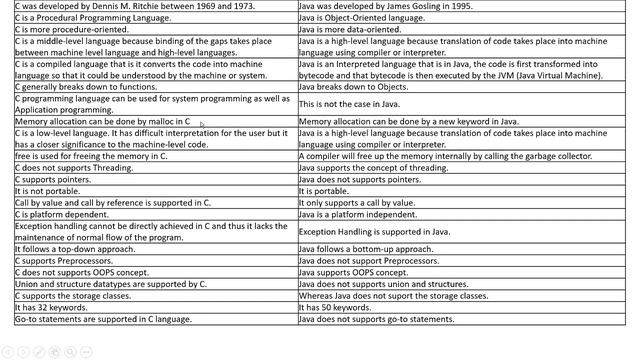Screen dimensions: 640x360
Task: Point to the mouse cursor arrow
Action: coord(201,125)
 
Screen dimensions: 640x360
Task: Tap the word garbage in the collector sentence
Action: coord(554,157)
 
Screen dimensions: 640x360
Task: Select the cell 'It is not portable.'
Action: coord(45,190)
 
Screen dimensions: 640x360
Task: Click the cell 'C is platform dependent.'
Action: coord(59,214)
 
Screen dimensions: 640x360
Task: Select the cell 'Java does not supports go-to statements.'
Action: coord(376,320)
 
